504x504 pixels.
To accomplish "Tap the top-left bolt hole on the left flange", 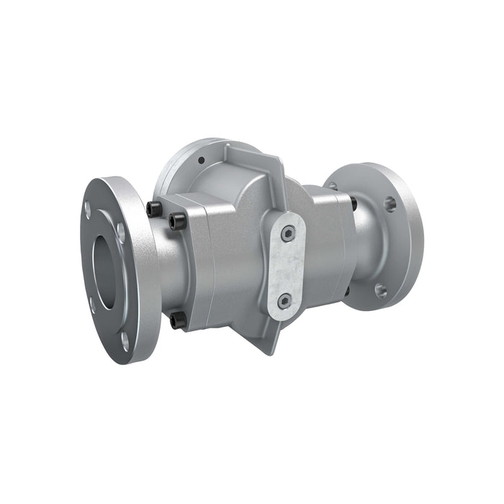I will tap(88, 210).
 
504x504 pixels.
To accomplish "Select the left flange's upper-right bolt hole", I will tap(121, 233).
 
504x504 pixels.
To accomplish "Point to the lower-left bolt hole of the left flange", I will tap(92, 305).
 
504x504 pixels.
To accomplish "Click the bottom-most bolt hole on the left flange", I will tap(125, 339).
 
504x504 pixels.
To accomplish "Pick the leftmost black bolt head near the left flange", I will tap(153, 210).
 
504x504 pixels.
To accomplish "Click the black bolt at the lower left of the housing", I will tap(177, 320).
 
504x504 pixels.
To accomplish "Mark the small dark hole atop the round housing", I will tap(202, 160).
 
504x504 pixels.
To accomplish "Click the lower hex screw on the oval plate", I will tap(285, 300).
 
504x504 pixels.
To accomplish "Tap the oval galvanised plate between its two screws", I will tap(287, 266).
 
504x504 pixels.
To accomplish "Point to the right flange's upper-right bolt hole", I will tap(390, 204).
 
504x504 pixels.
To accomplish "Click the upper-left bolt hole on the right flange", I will tap(333, 186).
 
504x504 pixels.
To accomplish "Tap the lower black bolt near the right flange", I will tap(346, 291).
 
